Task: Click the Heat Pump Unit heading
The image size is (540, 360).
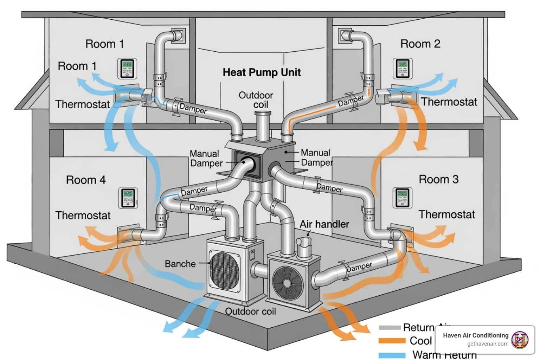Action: point(262,72)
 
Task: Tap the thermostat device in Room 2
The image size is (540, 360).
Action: point(402,69)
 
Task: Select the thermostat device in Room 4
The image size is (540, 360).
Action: point(128,198)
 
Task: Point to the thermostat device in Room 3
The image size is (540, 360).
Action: point(402,198)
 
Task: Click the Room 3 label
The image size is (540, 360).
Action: point(438,179)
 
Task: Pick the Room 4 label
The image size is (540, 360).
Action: point(86,180)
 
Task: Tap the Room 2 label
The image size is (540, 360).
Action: point(420,44)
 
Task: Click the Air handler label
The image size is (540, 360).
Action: point(324,224)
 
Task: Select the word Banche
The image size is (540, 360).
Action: point(180,264)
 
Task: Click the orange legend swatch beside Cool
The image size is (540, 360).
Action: point(392,341)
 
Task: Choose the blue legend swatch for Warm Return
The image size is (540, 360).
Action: point(392,355)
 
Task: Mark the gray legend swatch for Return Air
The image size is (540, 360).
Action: point(390,328)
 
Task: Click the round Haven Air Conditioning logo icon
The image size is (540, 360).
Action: point(520,340)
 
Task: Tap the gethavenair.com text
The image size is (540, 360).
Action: point(488,344)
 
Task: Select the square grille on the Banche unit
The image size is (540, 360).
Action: point(224,270)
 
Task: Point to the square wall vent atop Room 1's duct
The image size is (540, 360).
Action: point(178,36)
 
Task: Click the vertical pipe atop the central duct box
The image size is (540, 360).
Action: point(263,127)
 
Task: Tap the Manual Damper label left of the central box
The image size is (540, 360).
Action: point(206,159)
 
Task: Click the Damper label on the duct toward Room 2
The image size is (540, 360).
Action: point(351,101)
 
